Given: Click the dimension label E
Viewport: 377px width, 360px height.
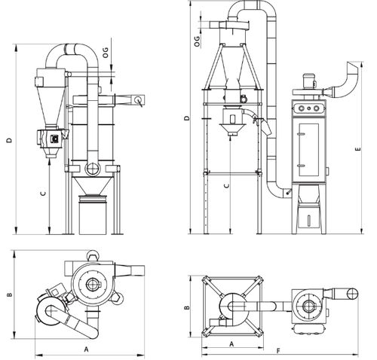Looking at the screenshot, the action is pyautogui.click(x=358, y=149).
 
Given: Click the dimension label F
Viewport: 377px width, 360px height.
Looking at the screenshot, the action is pyautogui.click(x=278, y=351).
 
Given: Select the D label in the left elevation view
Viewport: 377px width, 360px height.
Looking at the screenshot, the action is pyautogui.click(x=10, y=140).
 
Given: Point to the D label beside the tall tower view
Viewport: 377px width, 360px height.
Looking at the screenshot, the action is pyautogui.click(x=186, y=117).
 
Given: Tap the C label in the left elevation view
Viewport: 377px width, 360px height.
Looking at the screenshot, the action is pyautogui.click(x=43, y=194).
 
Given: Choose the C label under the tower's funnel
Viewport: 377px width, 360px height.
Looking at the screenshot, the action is pyautogui.click(x=227, y=185).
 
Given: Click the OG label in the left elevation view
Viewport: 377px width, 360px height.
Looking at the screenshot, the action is pyautogui.click(x=106, y=53).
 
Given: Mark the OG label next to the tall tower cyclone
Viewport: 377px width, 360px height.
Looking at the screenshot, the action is pyautogui.click(x=198, y=41).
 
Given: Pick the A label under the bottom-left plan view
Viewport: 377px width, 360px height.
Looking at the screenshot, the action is pyautogui.click(x=86, y=349).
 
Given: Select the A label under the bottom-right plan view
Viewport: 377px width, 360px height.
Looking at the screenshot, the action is pyautogui.click(x=231, y=343).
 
